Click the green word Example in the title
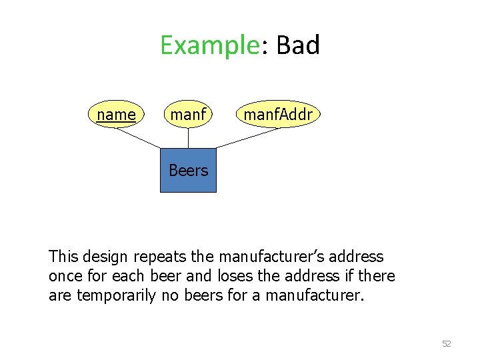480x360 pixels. click(x=209, y=45)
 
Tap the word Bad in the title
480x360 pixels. click(x=298, y=45)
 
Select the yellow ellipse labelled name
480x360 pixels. click(x=116, y=115)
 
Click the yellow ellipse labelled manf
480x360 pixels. click(x=188, y=115)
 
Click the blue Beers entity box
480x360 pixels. click(x=188, y=171)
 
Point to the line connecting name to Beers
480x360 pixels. click(x=139, y=137)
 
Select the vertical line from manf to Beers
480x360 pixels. click(x=188, y=138)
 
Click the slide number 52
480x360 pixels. click(x=447, y=344)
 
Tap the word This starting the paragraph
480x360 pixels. click(x=63, y=257)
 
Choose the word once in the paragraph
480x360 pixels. click(x=65, y=276)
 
